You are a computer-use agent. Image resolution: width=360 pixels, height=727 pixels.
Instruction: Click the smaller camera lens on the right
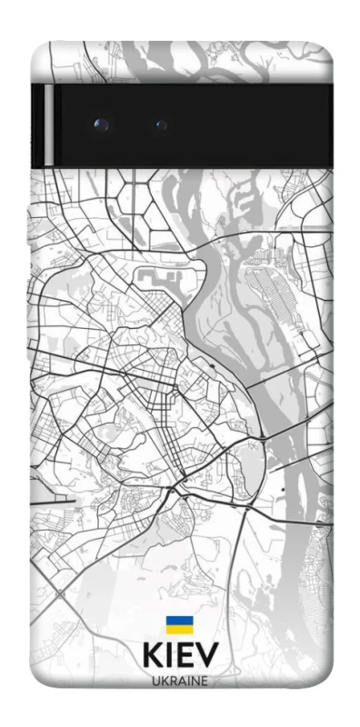pyautogui.click(x=162, y=124)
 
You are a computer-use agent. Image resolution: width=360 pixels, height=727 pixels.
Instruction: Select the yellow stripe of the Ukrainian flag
pyautogui.click(x=178, y=629)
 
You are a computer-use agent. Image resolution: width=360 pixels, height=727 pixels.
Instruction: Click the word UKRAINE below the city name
pyautogui.click(x=179, y=682)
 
